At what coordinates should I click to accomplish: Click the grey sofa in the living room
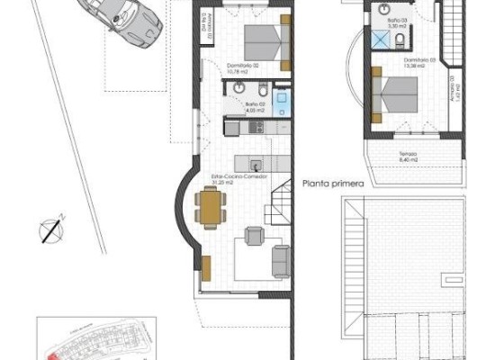click(x=280, y=258)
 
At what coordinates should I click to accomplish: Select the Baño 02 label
click(x=255, y=104)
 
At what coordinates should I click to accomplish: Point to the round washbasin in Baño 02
click(x=238, y=86)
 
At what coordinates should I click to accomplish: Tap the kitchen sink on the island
click(x=257, y=164)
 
